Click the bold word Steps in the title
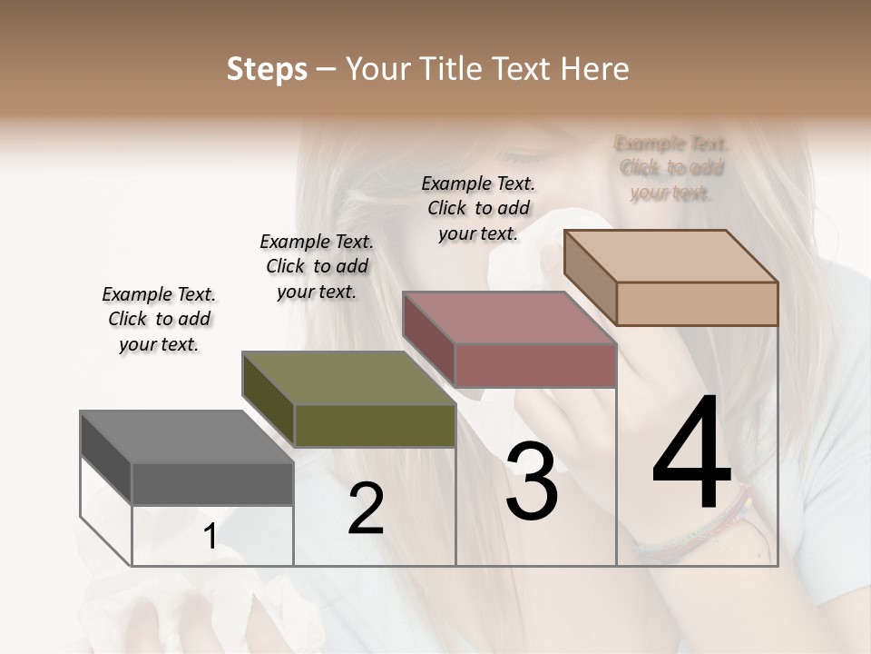pyautogui.click(x=267, y=69)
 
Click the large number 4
pyautogui.click(x=691, y=454)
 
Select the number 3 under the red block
pyautogui.click(x=532, y=481)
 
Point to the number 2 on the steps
pyautogui.click(x=366, y=510)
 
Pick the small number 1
pyautogui.click(x=210, y=537)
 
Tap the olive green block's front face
pyautogui.click(x=375, y=425)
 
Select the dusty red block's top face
pyautogui.click(x=508, y=318)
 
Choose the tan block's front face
pyautogui.click(x=697, y=303)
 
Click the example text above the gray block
pyautogui.click(x=159, y=319)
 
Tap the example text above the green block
pyautogui.click(x=317, y=266)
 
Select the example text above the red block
pyautogui.click(x=478, y=208)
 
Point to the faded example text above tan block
pyautogui.click(x=671, y=168)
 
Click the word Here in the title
pyautogui.click(x=595, y=69)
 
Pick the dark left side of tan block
pyautogui.click(x=590, y=277)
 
